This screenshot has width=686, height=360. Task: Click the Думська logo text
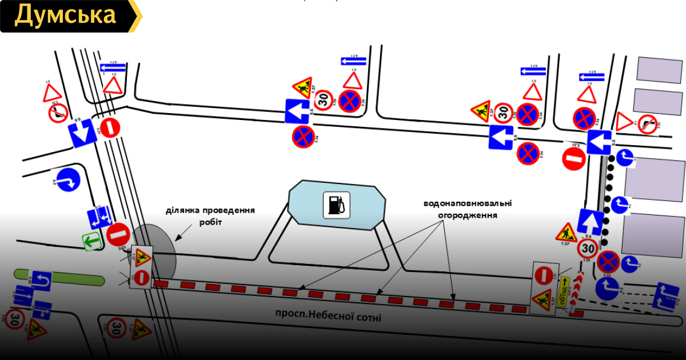(x=65, y=15)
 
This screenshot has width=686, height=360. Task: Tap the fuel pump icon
(x=336, y=205)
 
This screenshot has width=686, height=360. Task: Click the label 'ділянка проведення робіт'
(x=210, y=215)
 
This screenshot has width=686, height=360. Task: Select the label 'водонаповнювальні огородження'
(x=467, y=209)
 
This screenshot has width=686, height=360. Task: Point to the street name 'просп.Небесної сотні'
(x=328, y=316)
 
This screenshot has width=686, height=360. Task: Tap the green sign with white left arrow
(x=91, y=242)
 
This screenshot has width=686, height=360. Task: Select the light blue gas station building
(x=337, y=205)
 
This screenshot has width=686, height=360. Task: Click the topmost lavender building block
(x=659, y=69)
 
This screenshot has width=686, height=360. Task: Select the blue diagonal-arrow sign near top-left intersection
(x=81, y=134)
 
